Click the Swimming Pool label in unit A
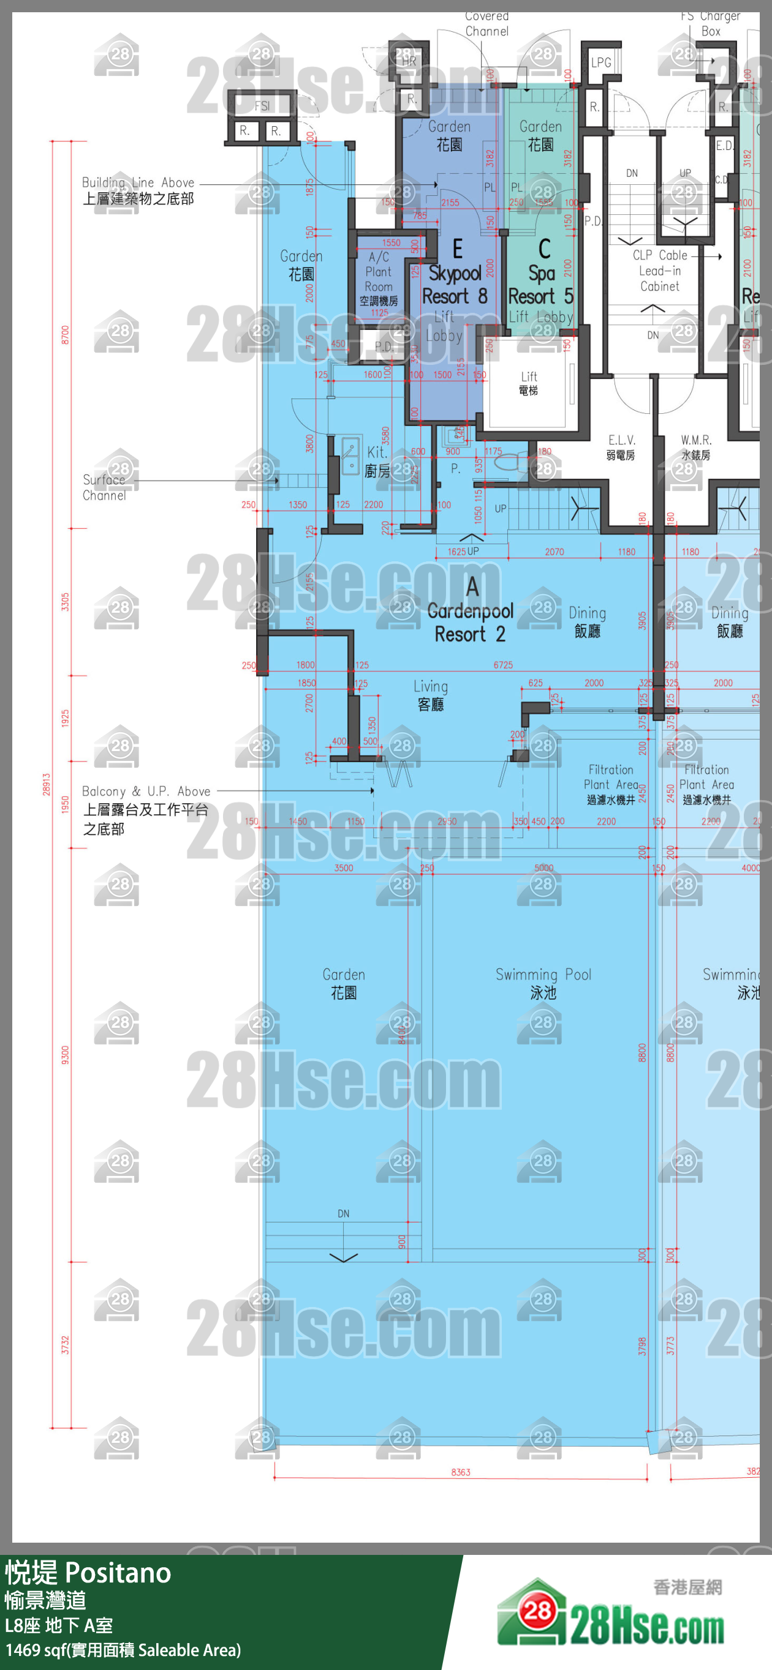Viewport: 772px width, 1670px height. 543,983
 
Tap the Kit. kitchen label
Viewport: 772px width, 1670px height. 377,461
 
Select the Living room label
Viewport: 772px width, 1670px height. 430,694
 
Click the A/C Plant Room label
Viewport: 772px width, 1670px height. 378,278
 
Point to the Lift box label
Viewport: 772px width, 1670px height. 528,383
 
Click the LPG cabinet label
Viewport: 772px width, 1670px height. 600,63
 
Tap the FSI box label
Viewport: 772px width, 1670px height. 262,106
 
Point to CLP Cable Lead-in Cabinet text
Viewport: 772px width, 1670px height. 659,271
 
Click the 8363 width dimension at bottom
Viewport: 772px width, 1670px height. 461,1472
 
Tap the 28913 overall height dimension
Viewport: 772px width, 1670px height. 46,784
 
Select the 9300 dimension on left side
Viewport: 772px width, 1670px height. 65,1054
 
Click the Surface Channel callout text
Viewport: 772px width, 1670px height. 104,487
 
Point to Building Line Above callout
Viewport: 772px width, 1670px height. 137,190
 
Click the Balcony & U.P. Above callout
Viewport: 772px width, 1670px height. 145,809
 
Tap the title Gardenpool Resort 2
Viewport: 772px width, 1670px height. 471,622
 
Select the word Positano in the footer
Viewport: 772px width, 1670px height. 118,1572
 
